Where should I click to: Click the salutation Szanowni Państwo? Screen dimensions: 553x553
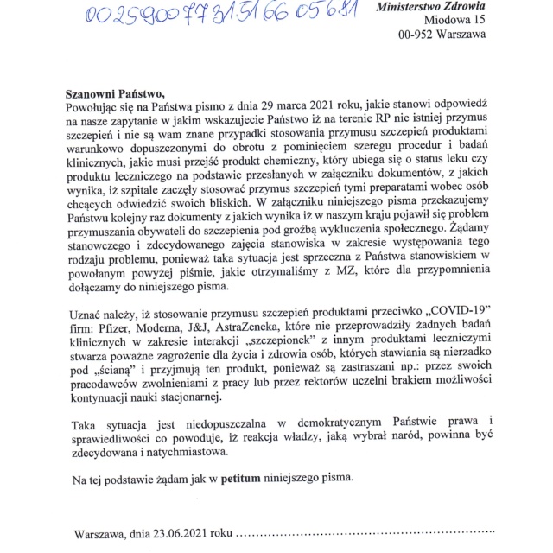(113, 92)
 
